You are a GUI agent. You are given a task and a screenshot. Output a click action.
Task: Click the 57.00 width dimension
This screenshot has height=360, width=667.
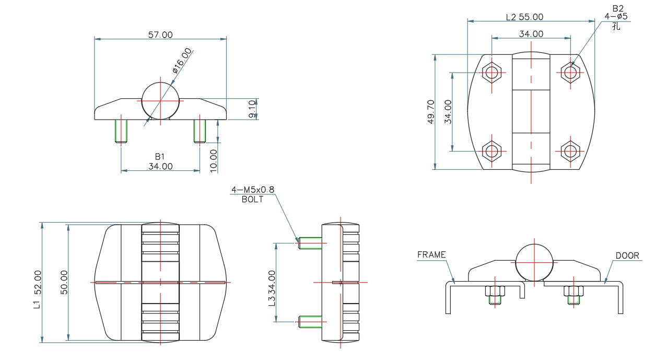click(x=160, y=34)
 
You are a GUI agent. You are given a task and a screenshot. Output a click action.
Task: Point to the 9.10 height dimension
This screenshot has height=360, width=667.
click(x=252, y=109)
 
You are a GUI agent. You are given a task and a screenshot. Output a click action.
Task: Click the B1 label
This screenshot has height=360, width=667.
click(x=160, y=156)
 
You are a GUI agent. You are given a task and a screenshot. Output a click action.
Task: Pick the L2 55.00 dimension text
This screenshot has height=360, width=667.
click(x=524, y=17)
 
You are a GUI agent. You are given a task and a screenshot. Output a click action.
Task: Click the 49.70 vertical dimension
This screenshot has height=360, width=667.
click(x=431, y=111)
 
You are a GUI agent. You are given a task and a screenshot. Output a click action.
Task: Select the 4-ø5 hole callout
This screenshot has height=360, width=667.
click(x=616, y=16)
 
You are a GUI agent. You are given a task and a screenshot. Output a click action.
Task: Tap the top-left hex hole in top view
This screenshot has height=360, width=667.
click(x=492, y=73)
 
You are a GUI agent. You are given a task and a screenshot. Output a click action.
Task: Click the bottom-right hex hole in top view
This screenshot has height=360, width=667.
click(x=570, y=152)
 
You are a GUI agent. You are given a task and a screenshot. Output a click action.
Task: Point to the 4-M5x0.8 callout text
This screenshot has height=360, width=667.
click(x=253, y=189)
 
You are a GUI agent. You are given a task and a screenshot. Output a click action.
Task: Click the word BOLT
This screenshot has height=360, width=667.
click(x=253, y=199)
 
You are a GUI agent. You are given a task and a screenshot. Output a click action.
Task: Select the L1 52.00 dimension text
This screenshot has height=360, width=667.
click(x=37, y=283)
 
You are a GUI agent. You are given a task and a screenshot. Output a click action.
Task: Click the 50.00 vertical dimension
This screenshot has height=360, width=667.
click(x=64, y=283)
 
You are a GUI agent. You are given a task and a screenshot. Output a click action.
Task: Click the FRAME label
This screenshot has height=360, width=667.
click(x=431, y=254)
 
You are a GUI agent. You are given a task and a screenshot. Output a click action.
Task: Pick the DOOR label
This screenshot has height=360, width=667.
click(x=627, y=256)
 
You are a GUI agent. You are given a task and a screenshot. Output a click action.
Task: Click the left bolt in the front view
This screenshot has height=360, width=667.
click(x=121, y=131)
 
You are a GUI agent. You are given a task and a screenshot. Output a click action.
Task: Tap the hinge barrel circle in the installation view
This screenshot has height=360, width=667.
click(x=534, y=262)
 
